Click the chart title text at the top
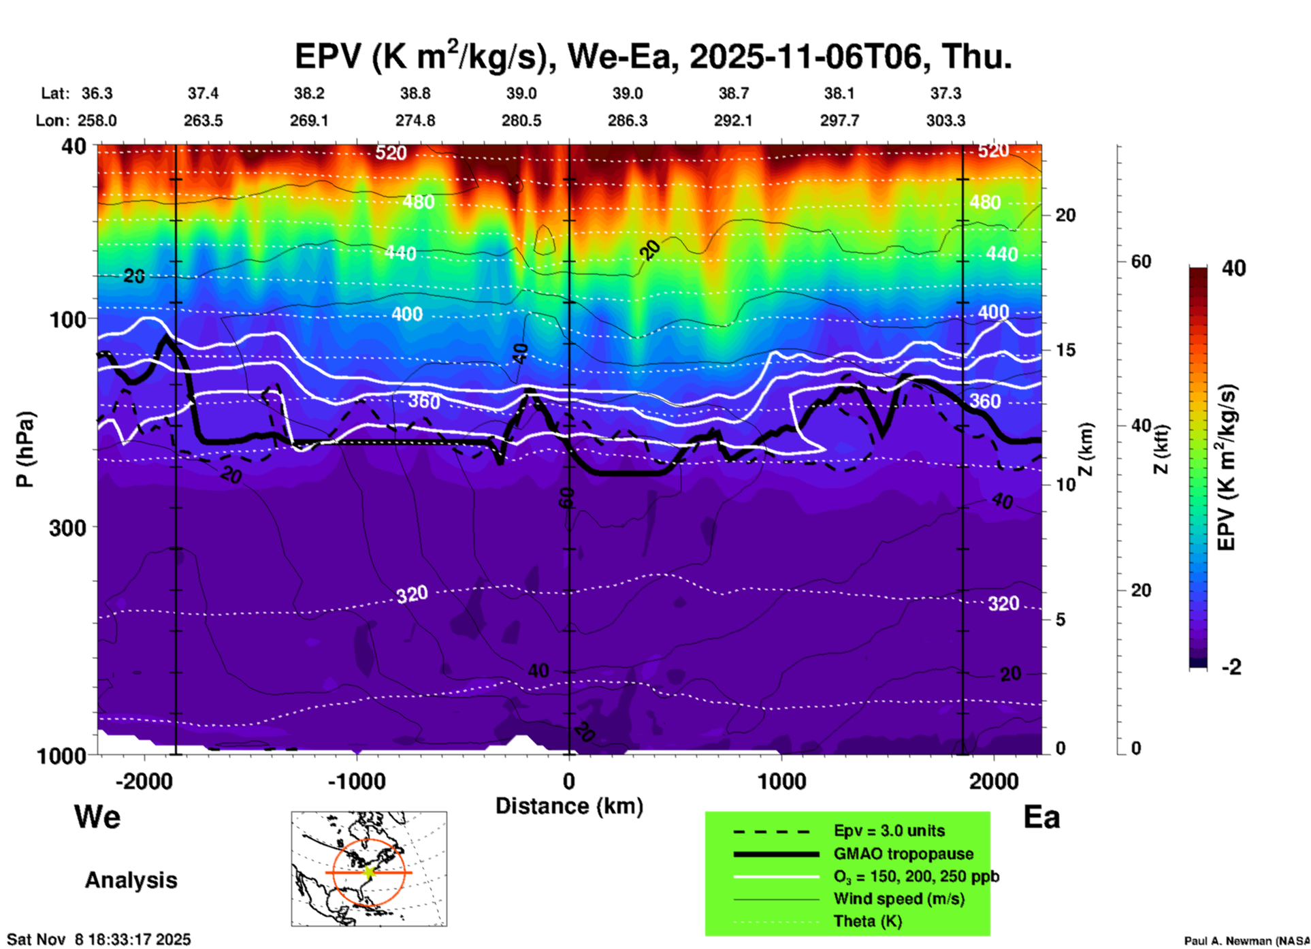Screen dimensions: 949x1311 tap(653, 56)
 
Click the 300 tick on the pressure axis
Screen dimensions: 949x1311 tap(68, 528)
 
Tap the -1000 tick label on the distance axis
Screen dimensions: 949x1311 tap(357, 781)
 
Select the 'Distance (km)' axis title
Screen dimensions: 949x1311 tap(569, 806)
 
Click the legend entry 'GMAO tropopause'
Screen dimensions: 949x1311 tap(903, 854)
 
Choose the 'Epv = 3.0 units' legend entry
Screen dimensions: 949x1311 tap(889, 831)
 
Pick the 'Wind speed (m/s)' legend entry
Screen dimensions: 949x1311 tap(899, 899)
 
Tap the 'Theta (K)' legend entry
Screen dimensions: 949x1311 tap(868, 921)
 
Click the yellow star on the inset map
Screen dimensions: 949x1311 tap(370, 871)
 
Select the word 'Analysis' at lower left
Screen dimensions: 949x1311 tap(131, 880)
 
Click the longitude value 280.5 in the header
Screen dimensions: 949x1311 tap(521, 120)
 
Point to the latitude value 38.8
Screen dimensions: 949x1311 tap(415, 93)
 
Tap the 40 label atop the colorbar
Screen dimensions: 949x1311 tap(1233, 268)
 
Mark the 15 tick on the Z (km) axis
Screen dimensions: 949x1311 tap(1065, 350)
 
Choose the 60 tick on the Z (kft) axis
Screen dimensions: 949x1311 tap(1142, 261)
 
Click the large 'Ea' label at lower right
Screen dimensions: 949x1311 tap(1041, 817)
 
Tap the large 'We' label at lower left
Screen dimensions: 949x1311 tap(97, 816)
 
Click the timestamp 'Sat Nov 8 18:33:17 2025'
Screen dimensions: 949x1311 tap(99, 939)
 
